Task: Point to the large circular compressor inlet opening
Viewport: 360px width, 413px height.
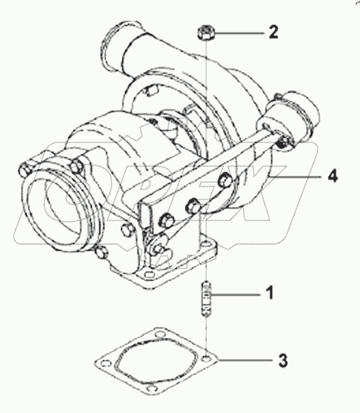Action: click(x=55, y=205)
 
